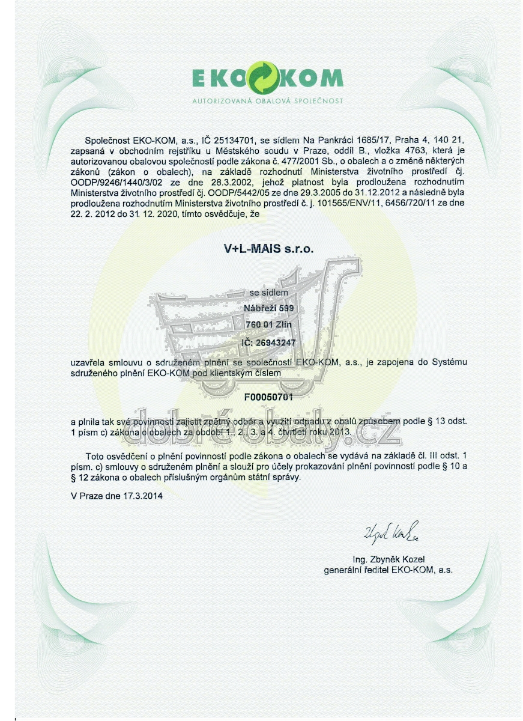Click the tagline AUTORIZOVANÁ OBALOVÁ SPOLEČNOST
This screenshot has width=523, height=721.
coord(267,100)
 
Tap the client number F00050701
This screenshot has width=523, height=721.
coord(268,397)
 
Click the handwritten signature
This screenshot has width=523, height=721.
coord(390,531)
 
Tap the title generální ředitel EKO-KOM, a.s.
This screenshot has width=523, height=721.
coord(388,570)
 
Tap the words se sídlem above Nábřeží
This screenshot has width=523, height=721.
coord(268,293)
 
